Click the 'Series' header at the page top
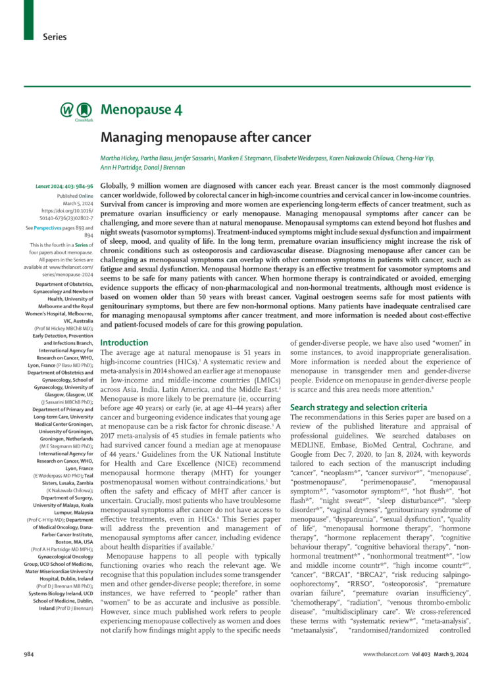[x=55, y=37]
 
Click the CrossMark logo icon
[x=83, y=111]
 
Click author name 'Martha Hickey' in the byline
[x=120, y=158]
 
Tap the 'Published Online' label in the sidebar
[x=74, y=196]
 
